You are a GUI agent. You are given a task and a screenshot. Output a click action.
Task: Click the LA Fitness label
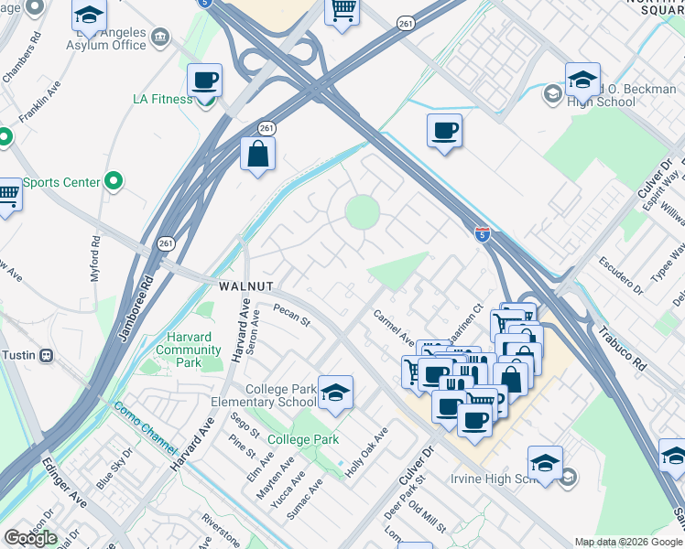pos(162,99)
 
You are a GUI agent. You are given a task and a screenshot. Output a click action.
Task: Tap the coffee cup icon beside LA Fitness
pos(205,80)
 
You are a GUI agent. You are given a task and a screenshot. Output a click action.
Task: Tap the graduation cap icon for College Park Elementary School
pos(336,392)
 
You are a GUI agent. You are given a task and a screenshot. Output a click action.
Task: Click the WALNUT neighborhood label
pos(244,286)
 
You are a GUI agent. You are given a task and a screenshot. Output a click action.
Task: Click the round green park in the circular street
pos(362,213)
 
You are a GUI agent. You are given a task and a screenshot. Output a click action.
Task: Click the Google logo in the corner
pos(30,538)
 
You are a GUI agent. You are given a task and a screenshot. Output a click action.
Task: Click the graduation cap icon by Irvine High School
pos(545,462)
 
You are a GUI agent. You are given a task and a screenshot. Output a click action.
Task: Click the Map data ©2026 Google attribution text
pos(628,542)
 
